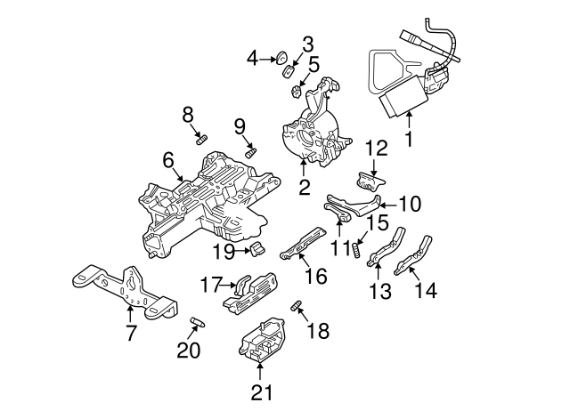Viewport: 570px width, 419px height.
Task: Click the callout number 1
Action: [409, 139]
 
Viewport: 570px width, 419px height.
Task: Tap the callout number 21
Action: [260, 391]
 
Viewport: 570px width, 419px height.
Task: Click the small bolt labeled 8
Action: [200, 140]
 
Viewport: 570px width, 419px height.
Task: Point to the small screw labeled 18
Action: [297, 308]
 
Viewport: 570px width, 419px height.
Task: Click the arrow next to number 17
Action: [226, 286]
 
